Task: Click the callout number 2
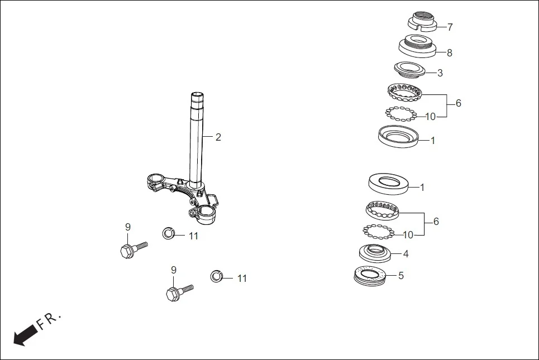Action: coord(218,137)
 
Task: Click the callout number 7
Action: coord(450,27)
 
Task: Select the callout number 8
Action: coord(449,53)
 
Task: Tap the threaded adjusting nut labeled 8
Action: coord(418,45)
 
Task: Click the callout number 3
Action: coord(440,73)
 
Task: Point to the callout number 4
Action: coord(406,253)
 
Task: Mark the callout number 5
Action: coord(400,275)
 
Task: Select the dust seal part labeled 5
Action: coord(370,276)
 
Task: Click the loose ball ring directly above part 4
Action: coord(378,231)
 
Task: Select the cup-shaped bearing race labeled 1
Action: coord(397,136)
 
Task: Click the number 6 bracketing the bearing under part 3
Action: coord(458,103)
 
